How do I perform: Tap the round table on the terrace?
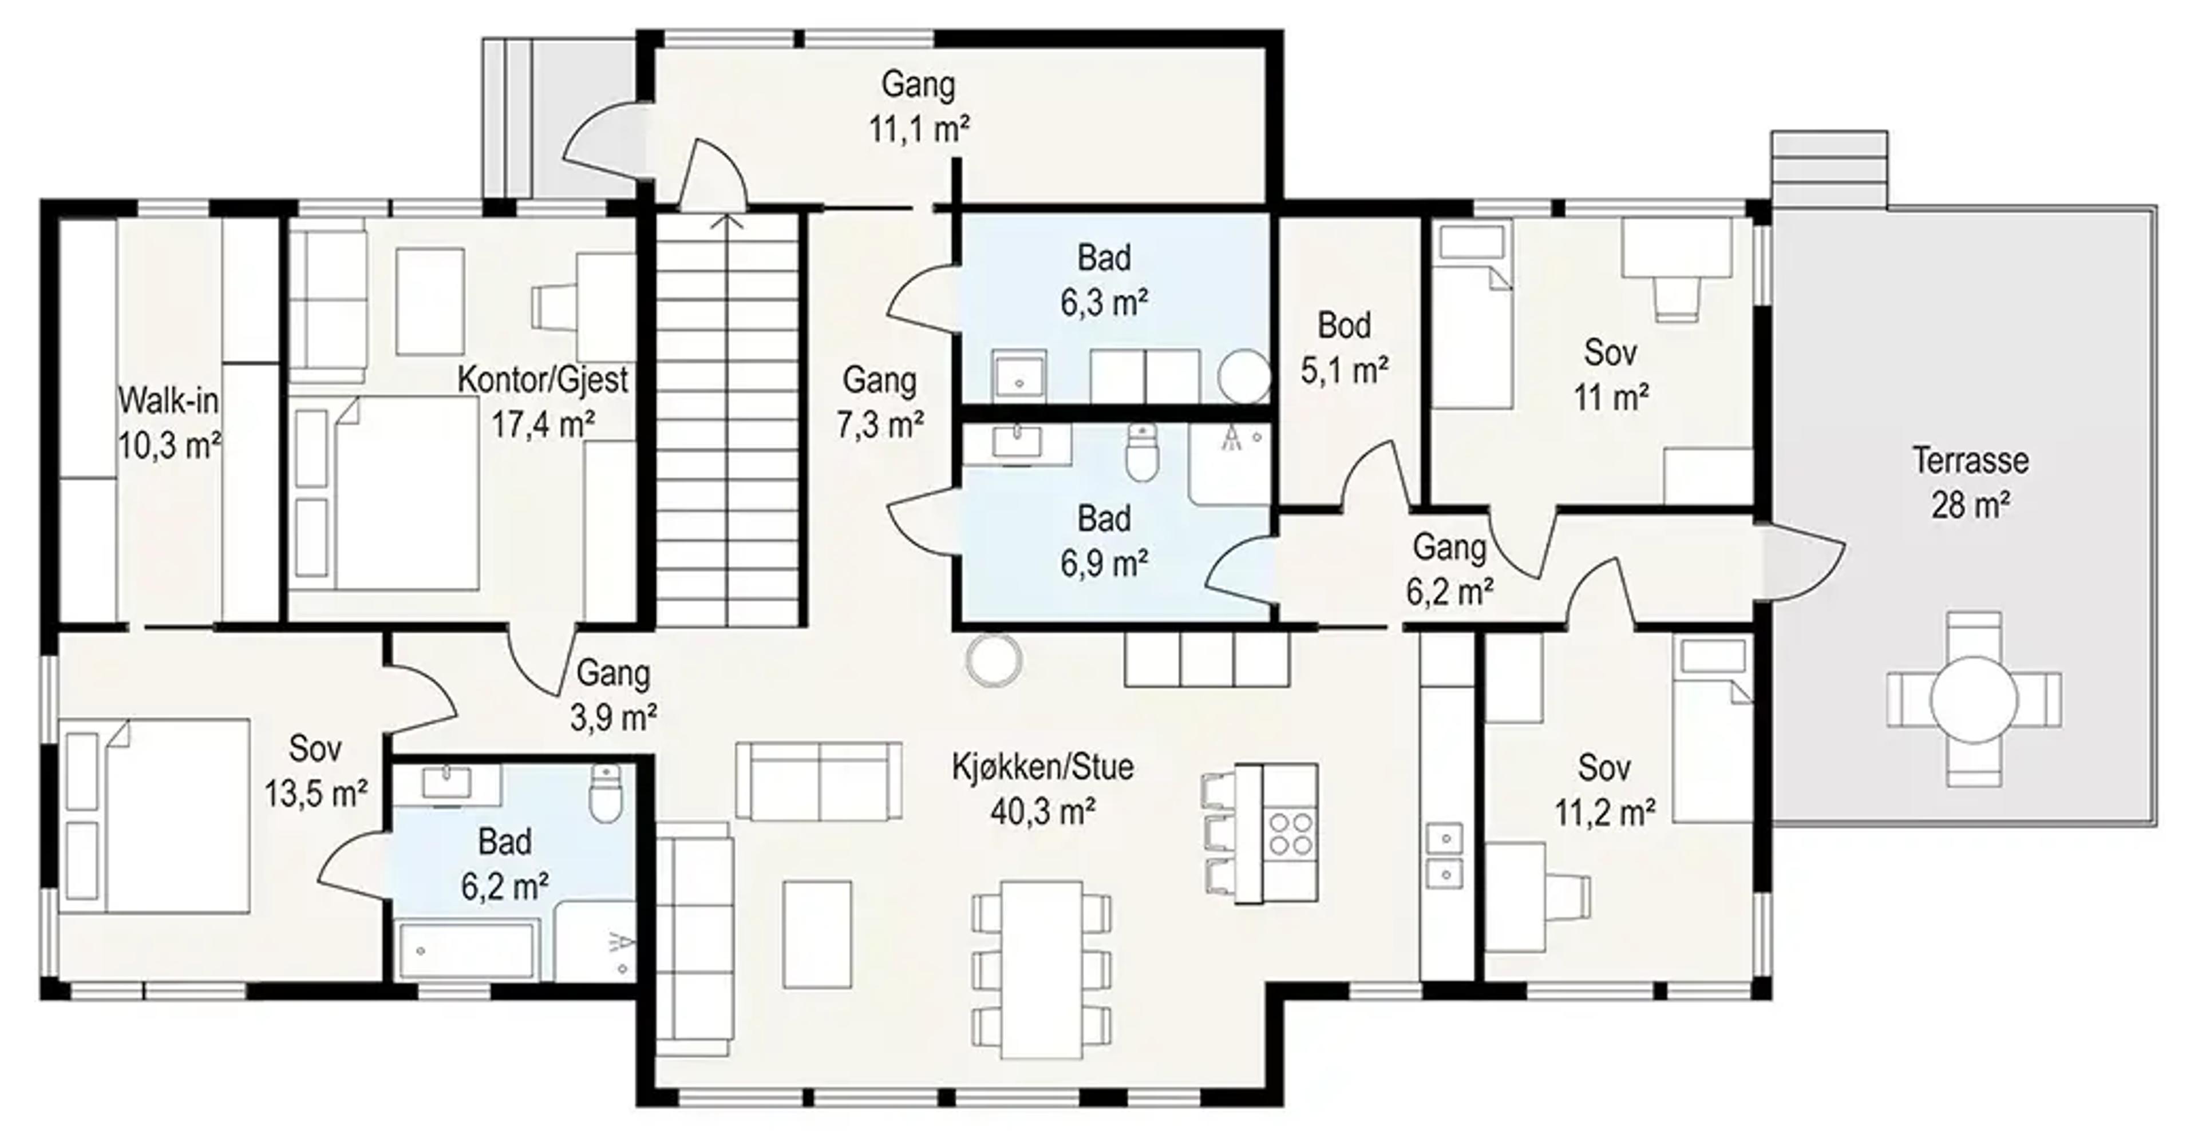pyautogui.click(x=1974, y=699)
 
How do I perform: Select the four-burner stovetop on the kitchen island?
pyautogui.click(x=1290, y=833)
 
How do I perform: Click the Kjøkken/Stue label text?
pyautogui.click(x=1043, y=767)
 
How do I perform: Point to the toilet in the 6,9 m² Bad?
pyautogui.click(x=1143, y=451)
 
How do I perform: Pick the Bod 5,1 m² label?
pyautogui.click(x=1345, y=347)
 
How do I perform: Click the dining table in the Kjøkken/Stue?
pyautogui.click(x=1042, y=970)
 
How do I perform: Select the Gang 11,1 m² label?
pyautogui.click(x=919, y=106)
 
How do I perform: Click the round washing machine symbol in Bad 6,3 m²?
pyautogui.click(x=1244, y=375)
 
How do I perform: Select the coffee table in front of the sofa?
pyautogui.click(x=817, y=935)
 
